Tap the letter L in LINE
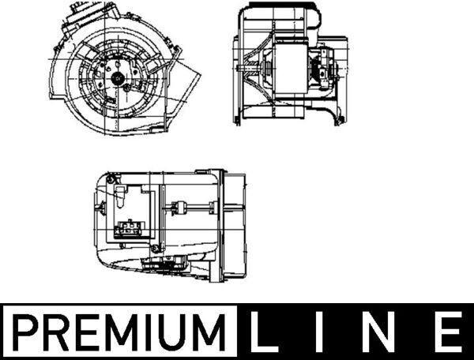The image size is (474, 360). pyautogui.click(x=263, y=332)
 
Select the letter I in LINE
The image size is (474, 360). pyautogui.click(x=319, y=332)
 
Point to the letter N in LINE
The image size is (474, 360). pyautogui.click(x=378, y=332)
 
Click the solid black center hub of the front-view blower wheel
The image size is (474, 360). pyautogui.click(x=117, y=78)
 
